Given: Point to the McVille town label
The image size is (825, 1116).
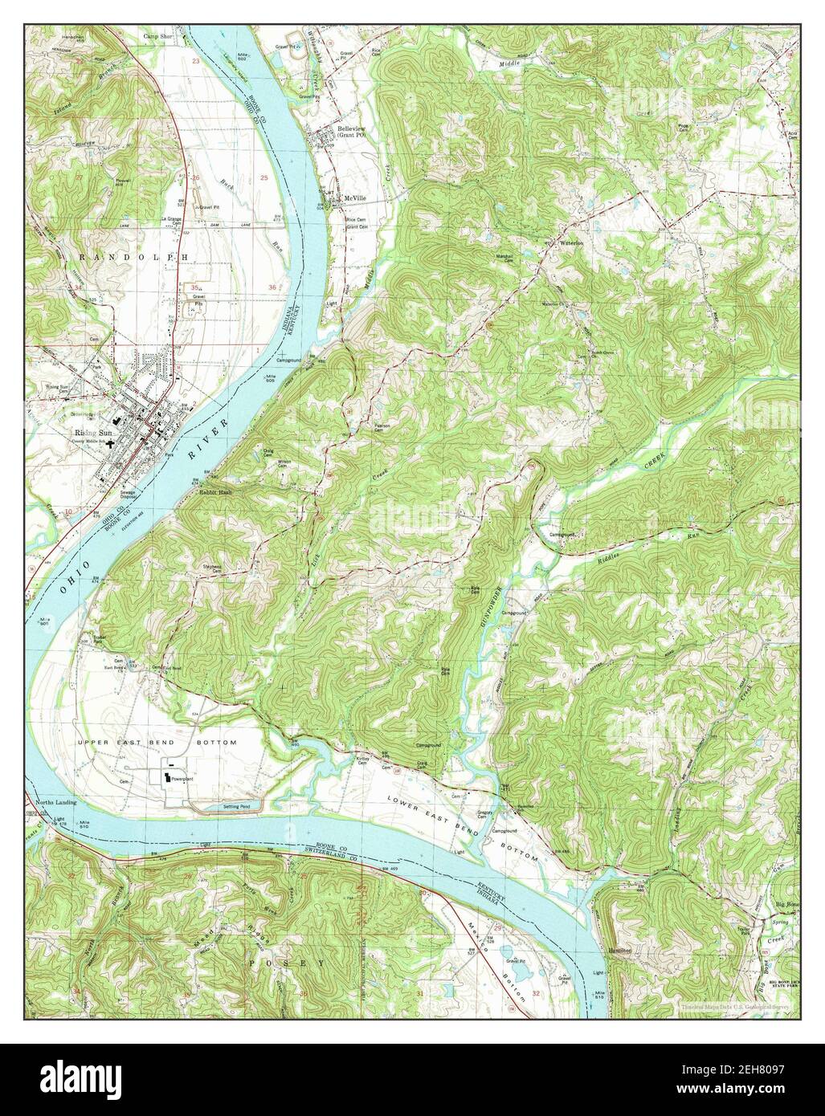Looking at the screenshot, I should [x=355, y=198].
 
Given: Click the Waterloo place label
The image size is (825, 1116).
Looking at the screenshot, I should [x=570, y=241].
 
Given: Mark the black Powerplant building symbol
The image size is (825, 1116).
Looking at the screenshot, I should [x=168, y=777].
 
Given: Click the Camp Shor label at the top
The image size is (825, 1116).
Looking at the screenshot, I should [x=158, y=36].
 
